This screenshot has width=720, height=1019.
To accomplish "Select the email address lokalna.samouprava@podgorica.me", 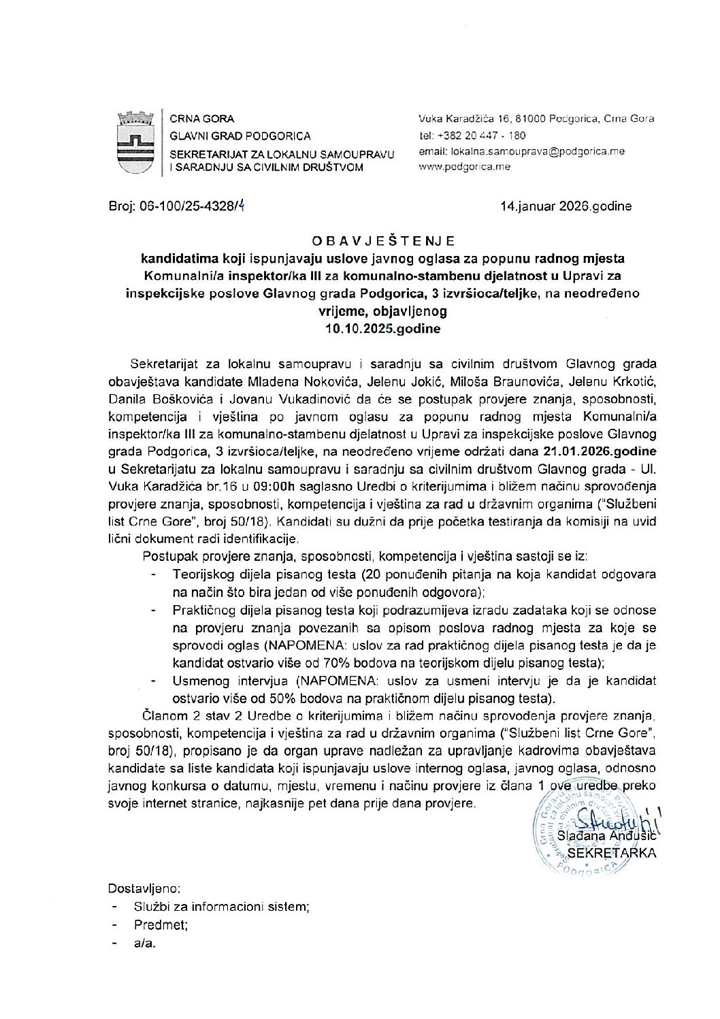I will tap(522, 151).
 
